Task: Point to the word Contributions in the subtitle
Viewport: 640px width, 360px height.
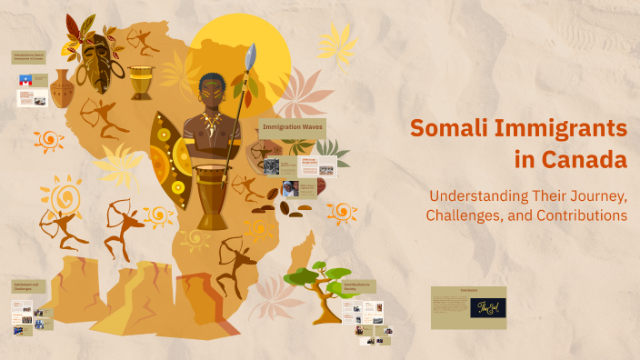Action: pyautogui.click(x=580, y=215)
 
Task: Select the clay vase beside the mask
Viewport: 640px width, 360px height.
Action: pyautogui.click(x=61, y=89)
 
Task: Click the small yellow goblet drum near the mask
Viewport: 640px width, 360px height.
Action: pyautogui.click(x=140, y=81)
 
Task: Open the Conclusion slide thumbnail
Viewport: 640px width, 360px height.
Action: pyautogui.click(x=468, y=307)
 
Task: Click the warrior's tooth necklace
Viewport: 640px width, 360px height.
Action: pyautogui.click(x=211, y=124)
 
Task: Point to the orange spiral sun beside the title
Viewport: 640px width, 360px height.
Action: pyautogui.click(x=342, y=210)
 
